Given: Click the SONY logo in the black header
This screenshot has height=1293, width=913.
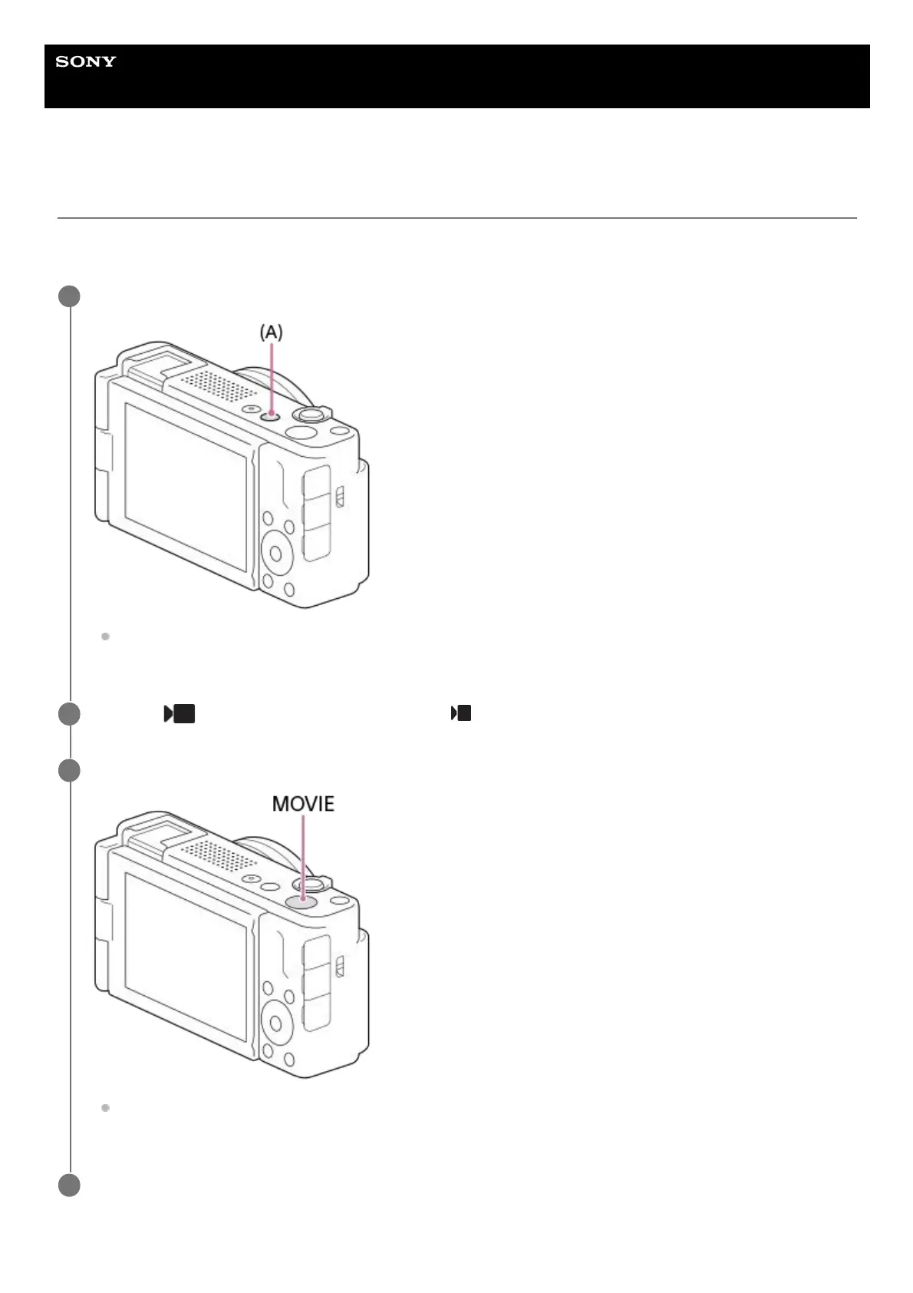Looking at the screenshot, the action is (x=85, y=61).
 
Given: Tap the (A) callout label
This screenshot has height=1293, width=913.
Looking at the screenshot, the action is (x=271, y=332).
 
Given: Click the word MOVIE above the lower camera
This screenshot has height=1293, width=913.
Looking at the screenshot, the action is (x=303, y=804).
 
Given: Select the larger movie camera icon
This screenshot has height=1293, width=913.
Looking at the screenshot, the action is (x=180, y=714).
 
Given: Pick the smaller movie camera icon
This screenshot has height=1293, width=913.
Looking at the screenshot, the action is (x=461, y=713).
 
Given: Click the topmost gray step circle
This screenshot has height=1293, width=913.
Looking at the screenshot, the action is (x=69, y=296).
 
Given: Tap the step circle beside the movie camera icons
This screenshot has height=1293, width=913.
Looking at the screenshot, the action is (x=69, y=714).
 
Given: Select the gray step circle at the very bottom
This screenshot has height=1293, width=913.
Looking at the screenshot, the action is (x=69, y=1186).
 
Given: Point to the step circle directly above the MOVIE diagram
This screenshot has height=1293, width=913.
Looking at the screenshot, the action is (x=69, y=770).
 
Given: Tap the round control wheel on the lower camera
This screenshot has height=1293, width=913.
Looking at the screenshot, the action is (x=277, y=1020).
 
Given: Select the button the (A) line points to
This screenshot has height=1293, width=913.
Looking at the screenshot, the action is (x=270, y=415).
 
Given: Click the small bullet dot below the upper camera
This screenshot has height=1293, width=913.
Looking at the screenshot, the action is (x=106, y=637).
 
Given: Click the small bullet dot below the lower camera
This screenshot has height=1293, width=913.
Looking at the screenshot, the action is (x=106, y=1108).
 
